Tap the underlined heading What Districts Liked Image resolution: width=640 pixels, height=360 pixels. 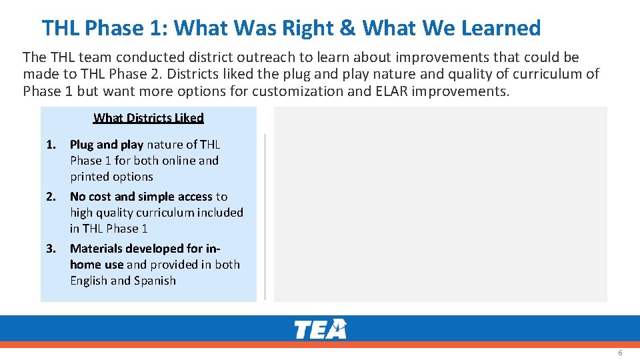148,118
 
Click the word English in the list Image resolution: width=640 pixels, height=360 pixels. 89,281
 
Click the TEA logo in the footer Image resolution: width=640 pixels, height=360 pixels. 320,329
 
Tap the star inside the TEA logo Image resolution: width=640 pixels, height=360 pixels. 340,326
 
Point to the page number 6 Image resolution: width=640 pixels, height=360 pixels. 620,353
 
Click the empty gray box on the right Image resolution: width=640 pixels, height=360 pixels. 440,204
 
